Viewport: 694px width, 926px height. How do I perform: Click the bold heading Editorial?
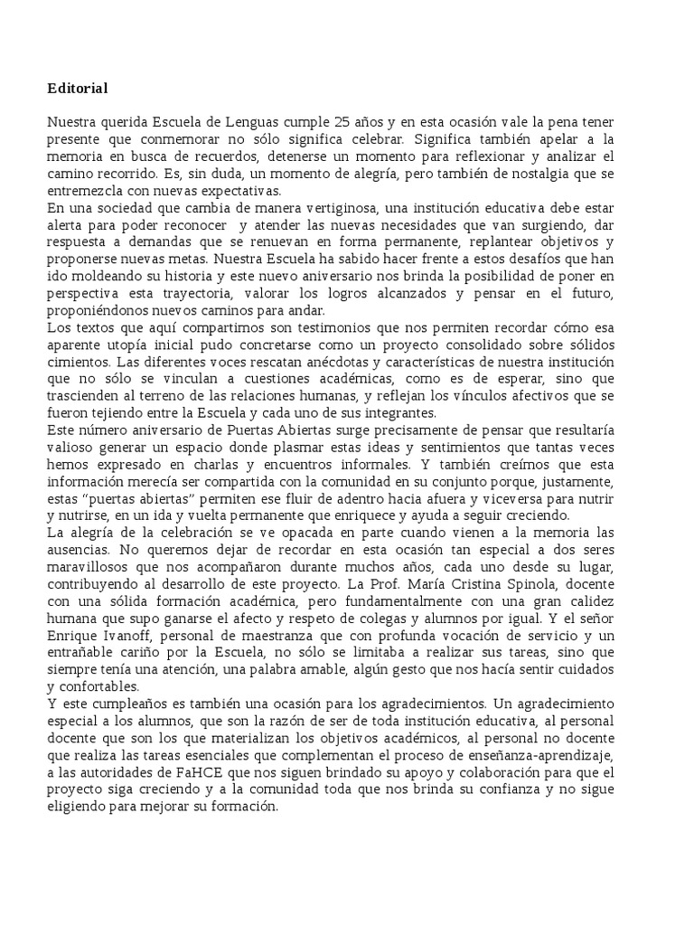(x=78, y=89)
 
